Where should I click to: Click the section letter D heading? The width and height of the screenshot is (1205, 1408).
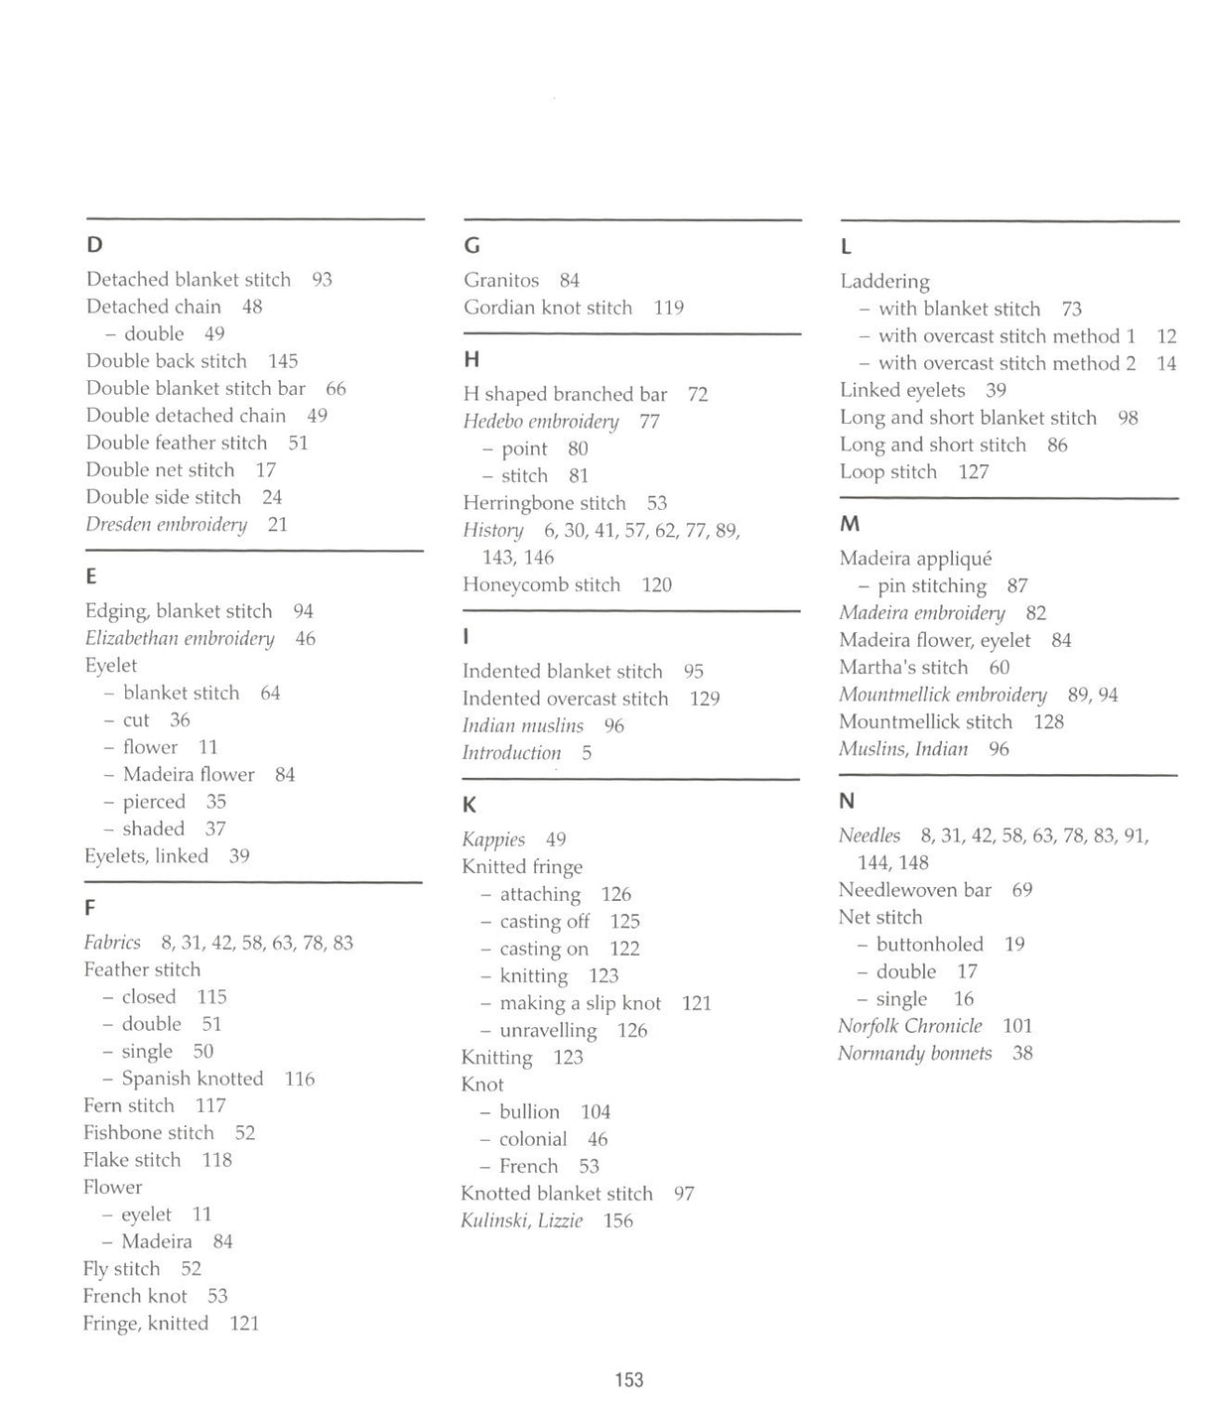94,245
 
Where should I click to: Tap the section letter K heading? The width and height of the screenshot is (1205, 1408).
469,806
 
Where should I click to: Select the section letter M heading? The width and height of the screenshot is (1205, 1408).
850,524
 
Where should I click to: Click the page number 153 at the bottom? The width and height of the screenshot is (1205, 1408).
629,1379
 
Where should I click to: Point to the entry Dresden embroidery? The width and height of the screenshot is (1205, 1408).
166,525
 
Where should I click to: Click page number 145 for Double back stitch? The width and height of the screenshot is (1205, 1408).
283,361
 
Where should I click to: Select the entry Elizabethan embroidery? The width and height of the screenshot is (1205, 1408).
180,639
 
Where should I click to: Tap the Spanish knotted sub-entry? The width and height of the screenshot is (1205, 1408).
193,1079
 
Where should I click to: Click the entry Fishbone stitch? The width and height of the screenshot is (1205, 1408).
149,1133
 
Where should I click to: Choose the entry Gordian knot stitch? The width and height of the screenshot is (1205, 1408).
548,308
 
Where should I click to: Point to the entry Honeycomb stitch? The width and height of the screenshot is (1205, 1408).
542,585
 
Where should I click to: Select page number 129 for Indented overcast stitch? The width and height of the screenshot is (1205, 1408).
705,700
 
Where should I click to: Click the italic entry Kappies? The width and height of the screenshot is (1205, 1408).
493,840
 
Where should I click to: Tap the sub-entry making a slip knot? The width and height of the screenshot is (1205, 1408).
580,1003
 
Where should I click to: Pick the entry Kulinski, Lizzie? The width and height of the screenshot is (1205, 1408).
522,1221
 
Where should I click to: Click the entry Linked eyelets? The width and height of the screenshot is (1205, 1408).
902,391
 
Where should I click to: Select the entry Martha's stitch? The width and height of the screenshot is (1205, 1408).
903,668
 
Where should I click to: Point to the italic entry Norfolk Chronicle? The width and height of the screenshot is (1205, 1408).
910,1026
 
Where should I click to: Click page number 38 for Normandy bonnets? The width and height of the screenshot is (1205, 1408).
1022,1054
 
